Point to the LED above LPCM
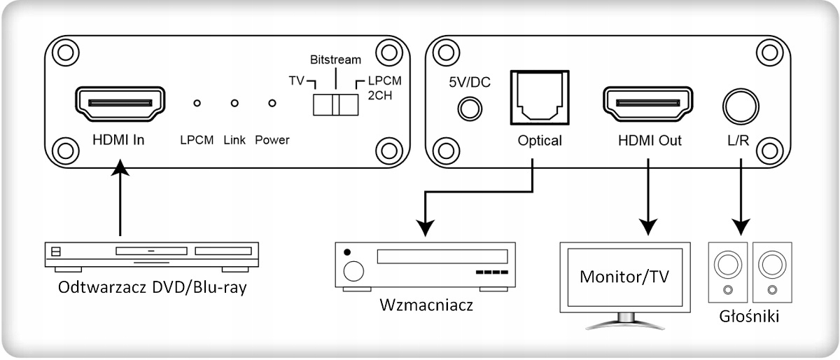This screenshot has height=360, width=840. click(x=197, y=104)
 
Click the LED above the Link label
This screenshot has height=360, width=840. click(x=234, y=104)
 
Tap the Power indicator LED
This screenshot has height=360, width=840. click(x=272, y=104)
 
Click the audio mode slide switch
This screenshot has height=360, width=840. click(x=335, y=104)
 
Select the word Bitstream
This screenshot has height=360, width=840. click(x=335, y=59)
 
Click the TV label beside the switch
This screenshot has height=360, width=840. click(x=297, y=81)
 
